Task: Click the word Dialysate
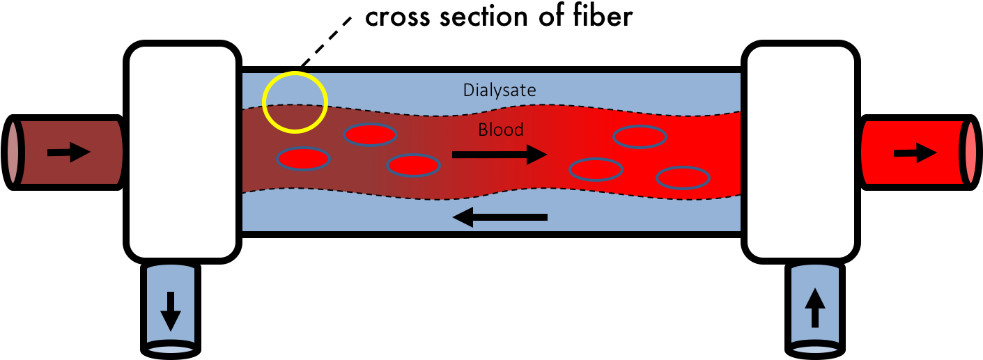click(x=499, y=91)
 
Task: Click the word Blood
click(x=500, y=130)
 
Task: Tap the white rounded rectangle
click(x=183, y=152)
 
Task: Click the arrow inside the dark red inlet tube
click(x=69, y=152)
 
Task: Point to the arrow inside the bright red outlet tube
click(x=915, y=152)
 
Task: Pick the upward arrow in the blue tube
click(x=815, y=308)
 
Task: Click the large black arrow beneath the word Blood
click(x=499, y=155)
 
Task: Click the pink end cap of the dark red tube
click(x=13, y=152)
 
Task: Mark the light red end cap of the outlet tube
click(x=970, y=152)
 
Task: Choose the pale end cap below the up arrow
click(x=815, y=345)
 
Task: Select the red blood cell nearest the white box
click(x=304, y=159)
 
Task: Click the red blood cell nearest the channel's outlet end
click(x=683, y=178)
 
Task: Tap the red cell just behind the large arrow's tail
click(x=413, y=165)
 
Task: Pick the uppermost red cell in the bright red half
click(x=640, y=137)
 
